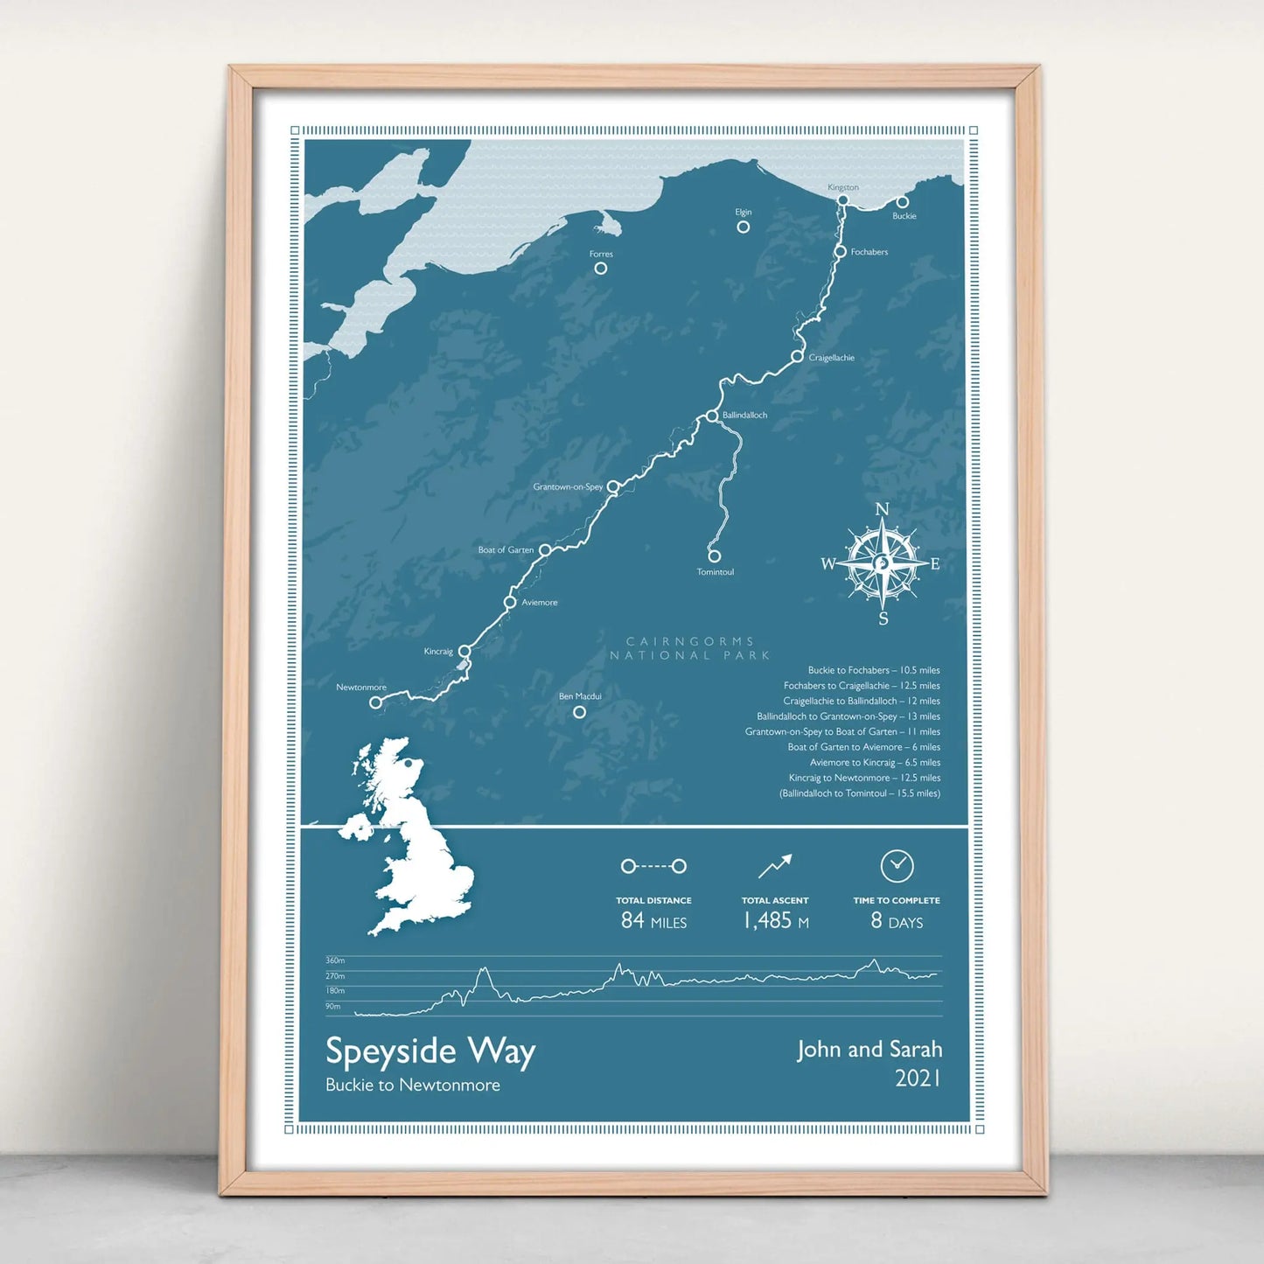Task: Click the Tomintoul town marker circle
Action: [715, 555]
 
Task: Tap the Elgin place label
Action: [744, 212]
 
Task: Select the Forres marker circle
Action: [601, 269]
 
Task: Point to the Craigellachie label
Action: [831, 358]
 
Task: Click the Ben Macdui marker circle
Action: [579, 712]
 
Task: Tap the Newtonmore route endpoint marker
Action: [375, 702]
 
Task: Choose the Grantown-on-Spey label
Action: [568, 486]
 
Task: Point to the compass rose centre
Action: [883, 563]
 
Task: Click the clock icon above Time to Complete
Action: [897, 866]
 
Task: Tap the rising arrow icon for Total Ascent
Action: [775, 866]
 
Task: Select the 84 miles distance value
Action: [653, 920]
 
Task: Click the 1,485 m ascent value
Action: [775, 920]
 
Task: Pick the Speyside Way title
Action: [430, 1051]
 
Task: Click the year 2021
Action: [918, 1079]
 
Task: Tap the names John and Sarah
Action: [869, 1049]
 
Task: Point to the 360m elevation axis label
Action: [335, 960]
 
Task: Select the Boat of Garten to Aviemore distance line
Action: [863, 747]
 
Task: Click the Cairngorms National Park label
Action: [690, 648]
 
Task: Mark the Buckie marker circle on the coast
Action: [902, 202]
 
